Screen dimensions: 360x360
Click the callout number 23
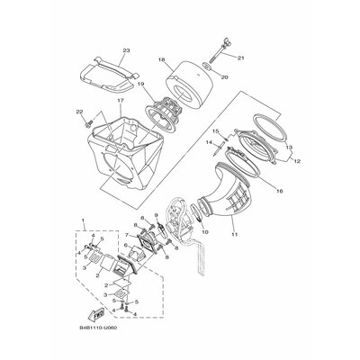[126, 50]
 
